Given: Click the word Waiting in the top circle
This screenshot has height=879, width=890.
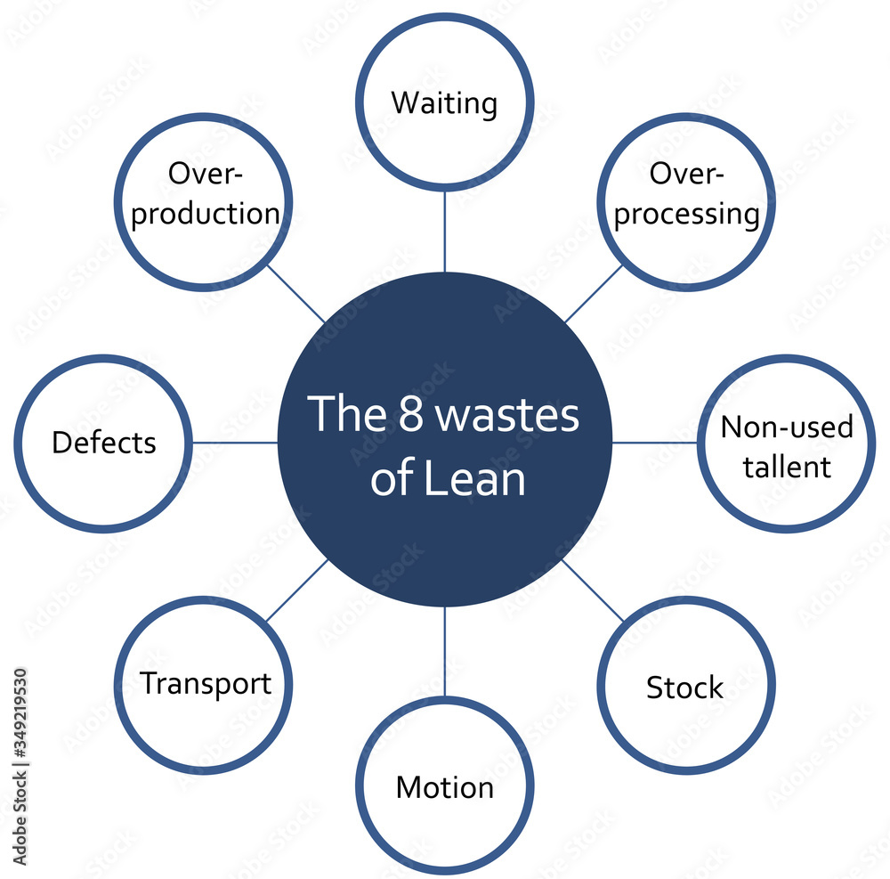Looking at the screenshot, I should tap(444, 102).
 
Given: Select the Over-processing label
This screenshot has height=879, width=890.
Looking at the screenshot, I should tap(686, 194).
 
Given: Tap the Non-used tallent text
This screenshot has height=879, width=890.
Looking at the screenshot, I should tap(786, 446).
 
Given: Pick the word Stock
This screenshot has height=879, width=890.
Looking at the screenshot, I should tap(684, 688).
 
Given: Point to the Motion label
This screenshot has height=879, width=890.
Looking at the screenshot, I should tap(444, 787).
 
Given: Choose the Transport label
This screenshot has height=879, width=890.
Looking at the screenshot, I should tap(205, 684).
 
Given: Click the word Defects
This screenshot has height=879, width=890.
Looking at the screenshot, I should tap(104, 443).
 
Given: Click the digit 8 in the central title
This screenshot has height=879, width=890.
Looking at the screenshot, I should tap(410, 416).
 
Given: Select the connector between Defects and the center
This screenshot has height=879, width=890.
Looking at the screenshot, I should tap(235, 442).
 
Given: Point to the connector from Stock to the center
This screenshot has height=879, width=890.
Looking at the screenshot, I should tap(594, 590).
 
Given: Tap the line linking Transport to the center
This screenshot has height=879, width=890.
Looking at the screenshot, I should tap(296, 590).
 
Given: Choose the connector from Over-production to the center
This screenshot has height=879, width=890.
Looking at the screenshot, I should tap(296, 294).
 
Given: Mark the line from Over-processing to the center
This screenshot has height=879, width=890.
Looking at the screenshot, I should tap(593, 294).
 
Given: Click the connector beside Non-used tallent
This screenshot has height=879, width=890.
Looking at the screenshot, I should tap(654, 442).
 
